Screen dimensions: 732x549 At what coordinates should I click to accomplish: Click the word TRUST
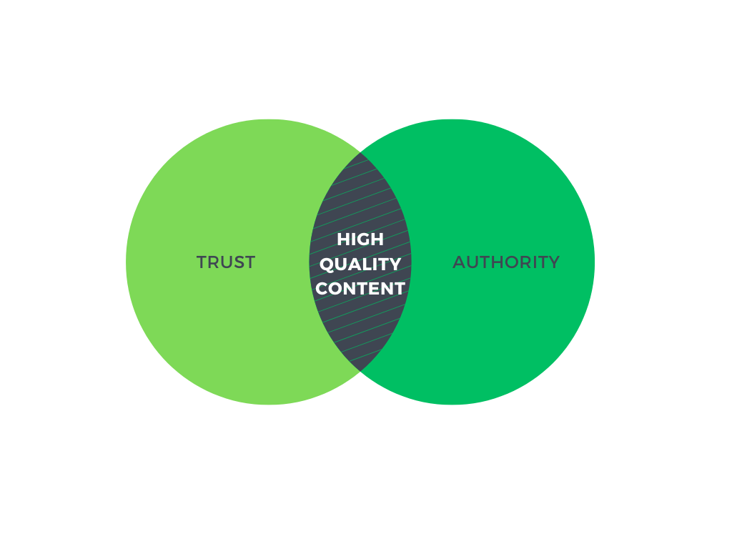pos(226,262)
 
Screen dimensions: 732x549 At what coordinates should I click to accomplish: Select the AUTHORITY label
pos(506,262)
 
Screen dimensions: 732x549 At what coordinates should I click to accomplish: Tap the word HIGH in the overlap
pos(360,239)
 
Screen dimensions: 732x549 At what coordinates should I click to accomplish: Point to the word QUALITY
pos(360,264)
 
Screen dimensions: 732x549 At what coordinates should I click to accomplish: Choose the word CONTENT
pos(360,289)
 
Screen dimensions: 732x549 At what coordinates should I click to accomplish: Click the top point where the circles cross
pos(360,153)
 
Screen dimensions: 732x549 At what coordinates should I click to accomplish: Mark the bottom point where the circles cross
pos(360,371)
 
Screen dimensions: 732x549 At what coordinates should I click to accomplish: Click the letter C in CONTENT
pos(322,289)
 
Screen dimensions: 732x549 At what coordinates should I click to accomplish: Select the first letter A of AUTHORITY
pos(460,262)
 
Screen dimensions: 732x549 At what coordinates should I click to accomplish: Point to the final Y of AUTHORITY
pos(553,262)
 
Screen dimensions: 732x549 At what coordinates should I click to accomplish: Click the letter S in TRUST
pos(239,262)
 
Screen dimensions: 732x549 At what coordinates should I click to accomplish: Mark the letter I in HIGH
pos(352,239)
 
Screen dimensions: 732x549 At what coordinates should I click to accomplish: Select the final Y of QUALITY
pos(395,264)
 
